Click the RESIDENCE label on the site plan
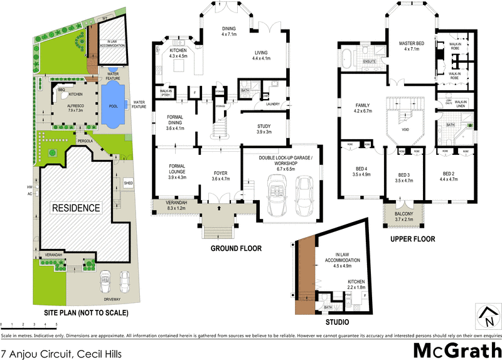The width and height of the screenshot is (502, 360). tap(75, 208)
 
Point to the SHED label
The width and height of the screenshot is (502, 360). tap(129, 184)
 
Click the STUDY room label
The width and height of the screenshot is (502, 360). tap(264, 129)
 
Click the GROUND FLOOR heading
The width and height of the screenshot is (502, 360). tap(237, 248)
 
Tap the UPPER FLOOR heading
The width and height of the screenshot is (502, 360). tap(412, 240)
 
